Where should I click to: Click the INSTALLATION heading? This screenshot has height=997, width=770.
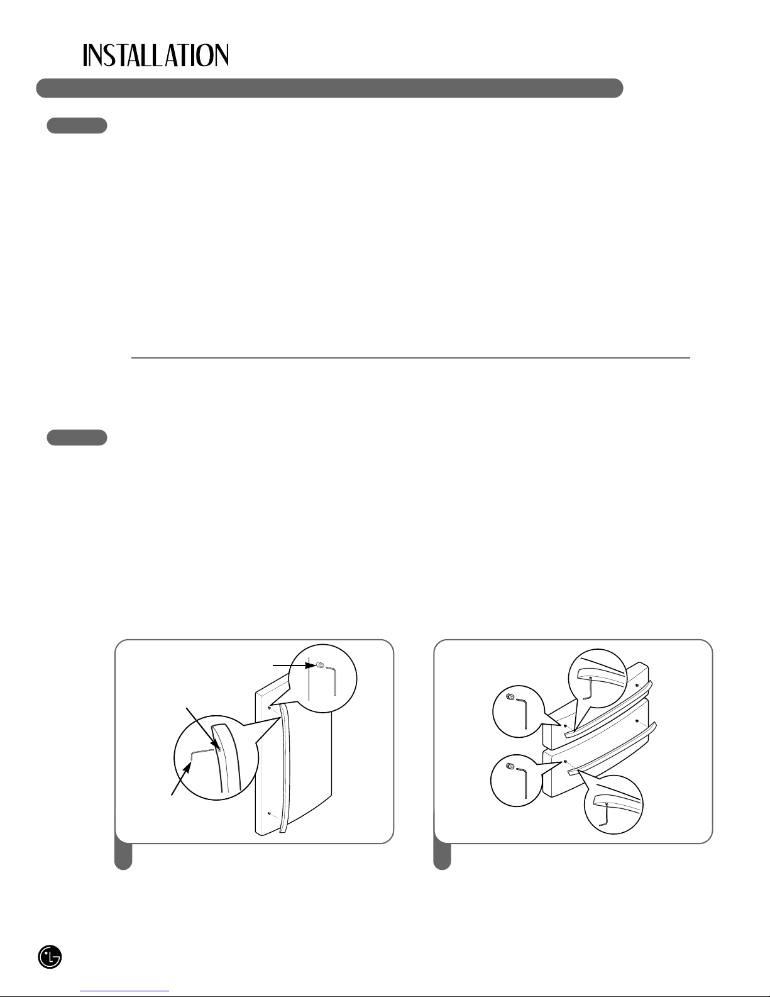[155, 55]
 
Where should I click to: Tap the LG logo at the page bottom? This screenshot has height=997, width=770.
[50, 957]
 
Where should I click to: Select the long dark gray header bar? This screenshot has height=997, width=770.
[329, 88]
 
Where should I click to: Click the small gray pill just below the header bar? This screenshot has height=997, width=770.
[77, 125]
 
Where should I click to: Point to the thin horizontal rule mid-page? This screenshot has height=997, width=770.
[410, 357]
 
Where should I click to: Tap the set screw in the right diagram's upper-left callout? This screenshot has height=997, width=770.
[510, 698]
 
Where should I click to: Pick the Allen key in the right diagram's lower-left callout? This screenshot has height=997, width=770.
[522, 783]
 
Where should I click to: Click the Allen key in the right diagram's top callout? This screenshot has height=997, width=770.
[590, 686]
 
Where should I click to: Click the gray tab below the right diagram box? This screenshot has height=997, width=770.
[443, 857]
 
